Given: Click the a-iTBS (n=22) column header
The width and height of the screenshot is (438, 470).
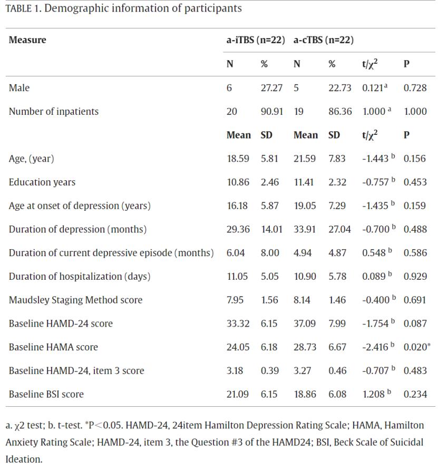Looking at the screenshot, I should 256,40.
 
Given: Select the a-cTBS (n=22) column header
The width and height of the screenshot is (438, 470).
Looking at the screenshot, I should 323,40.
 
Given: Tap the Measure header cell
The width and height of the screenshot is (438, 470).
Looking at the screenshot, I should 27,40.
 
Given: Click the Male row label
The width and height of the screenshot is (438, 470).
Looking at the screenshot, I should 19,88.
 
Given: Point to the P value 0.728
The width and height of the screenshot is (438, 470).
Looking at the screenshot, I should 415,88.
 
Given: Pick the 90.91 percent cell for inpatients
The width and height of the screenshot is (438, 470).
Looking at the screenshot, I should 271,111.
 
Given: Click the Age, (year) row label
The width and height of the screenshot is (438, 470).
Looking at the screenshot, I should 32,159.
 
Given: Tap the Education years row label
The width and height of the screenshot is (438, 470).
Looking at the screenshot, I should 42,182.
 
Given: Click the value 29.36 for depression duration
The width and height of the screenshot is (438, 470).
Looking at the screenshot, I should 237,229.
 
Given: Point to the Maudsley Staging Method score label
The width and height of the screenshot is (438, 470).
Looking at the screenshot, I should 75,300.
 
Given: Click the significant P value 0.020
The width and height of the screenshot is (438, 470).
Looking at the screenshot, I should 415,347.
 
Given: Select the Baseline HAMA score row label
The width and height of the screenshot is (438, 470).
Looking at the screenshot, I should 53,347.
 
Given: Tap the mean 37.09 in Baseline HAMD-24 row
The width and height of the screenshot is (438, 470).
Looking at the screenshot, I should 304,324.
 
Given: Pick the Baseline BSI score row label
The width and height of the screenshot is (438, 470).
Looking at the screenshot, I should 46,394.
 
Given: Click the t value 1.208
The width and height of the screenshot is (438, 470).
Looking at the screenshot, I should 375,394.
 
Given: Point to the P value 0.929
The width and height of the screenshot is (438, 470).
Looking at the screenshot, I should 415,276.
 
